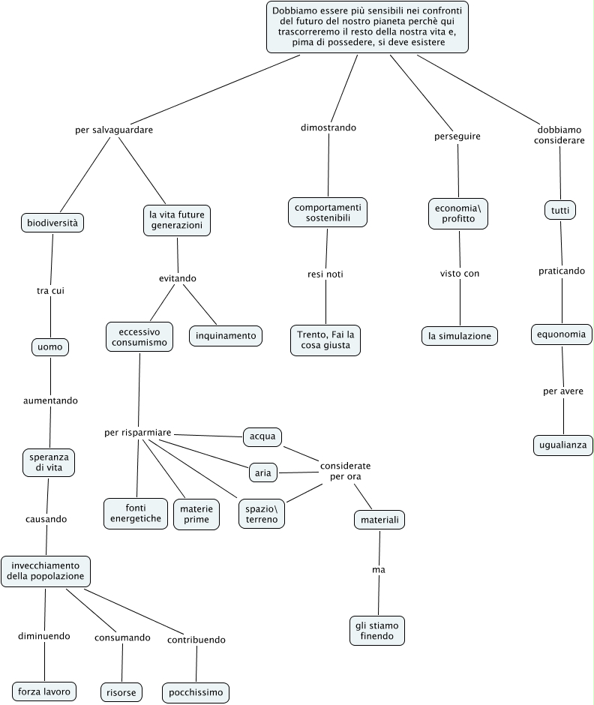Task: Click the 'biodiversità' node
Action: [x=52, y=223]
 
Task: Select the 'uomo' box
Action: [x=50, y=347]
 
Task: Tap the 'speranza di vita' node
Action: [x=49, y=461]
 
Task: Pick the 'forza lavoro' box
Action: [x=44, y=691]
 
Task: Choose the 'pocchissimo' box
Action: [x=196, y=691]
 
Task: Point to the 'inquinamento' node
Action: [x=226, y=335]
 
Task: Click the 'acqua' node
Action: [x=262, y=436]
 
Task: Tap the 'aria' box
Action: [x=262, y=472]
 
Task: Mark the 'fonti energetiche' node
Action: [x=136, y=513]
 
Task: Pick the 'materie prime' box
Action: [x=196, y=514]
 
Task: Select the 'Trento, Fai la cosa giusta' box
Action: [x=325, y=340]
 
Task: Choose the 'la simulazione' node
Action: [x=459, y=336]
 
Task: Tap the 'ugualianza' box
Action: [x=563, y=445]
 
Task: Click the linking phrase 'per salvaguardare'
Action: [x=114, y=130]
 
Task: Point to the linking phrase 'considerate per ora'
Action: [x=345, y=471]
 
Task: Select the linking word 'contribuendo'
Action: [x=196, y=640]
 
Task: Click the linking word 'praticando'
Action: [x=562, y=271]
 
